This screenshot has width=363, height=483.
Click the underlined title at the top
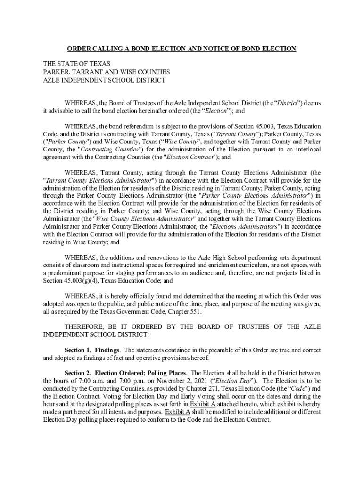coord(181,49)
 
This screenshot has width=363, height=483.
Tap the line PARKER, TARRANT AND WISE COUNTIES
coord(107,72)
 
